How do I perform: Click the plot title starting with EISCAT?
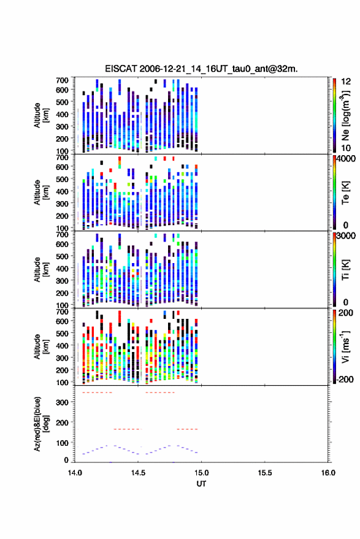202,69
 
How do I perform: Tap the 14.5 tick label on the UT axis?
138,473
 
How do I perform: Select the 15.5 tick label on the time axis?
265,473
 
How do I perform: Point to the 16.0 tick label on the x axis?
328,473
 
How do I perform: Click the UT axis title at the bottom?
202,484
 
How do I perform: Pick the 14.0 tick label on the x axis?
75,473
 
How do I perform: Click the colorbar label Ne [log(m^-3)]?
345,115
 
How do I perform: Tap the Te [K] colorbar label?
345,193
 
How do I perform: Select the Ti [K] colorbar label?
345,270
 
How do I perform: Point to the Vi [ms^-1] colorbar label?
345,346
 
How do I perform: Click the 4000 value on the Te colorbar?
347,159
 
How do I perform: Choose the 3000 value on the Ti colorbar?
347,236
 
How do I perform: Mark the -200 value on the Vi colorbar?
345,380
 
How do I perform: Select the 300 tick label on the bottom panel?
62,402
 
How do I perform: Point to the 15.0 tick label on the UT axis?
202,473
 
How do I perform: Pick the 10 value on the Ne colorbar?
347,148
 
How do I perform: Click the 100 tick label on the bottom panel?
62,443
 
